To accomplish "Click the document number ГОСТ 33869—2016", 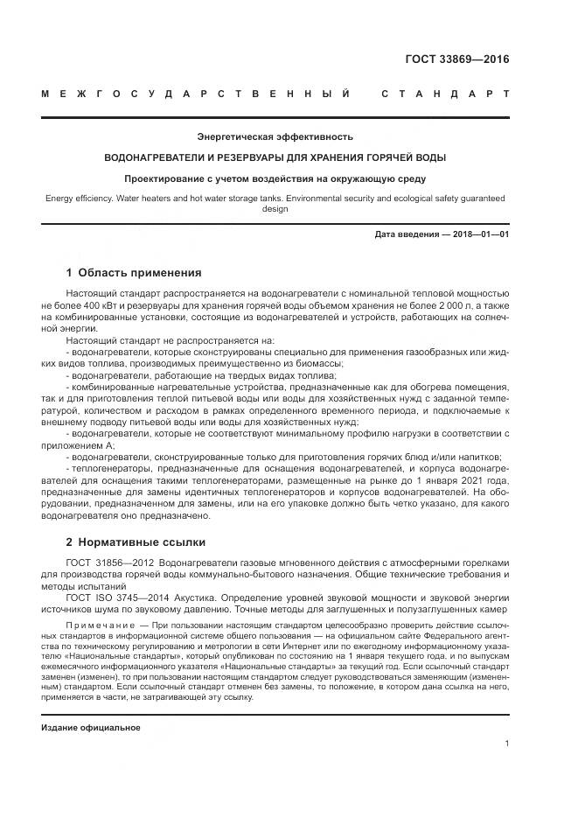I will coord(457,60).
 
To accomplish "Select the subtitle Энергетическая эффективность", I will coord(275,136).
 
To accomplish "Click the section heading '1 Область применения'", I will coord(134,272).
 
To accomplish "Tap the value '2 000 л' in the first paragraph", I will coord(443,305).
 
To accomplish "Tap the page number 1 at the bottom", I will coord(506,743).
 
